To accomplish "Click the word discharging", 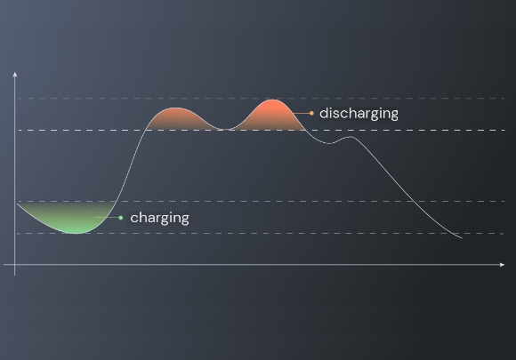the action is (x=359, y=114).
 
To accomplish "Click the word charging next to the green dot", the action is (x=159, y=219).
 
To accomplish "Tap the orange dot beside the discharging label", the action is (x=311, y=114).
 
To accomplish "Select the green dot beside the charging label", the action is (x=121, y=218).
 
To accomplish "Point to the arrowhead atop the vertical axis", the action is (x=15, y=75).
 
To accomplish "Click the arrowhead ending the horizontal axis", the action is (x=502, y=264).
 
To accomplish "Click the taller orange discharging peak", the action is (x=271, y=115).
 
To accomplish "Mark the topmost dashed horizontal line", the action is (x=262, y=98).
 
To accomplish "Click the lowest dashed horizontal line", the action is (x=260, y=234).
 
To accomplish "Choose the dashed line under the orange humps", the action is (x=262, y=130).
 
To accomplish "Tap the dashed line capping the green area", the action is (x=262, y=201).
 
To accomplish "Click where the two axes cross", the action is (x=15, y=264).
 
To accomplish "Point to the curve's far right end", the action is (x=462, y=238).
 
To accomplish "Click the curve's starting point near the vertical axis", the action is (x=18, y=204).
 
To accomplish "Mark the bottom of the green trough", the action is (x=76, y=233).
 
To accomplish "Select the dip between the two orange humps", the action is (x=224, y=129).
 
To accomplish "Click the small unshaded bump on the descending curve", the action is (x=350, y=137).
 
